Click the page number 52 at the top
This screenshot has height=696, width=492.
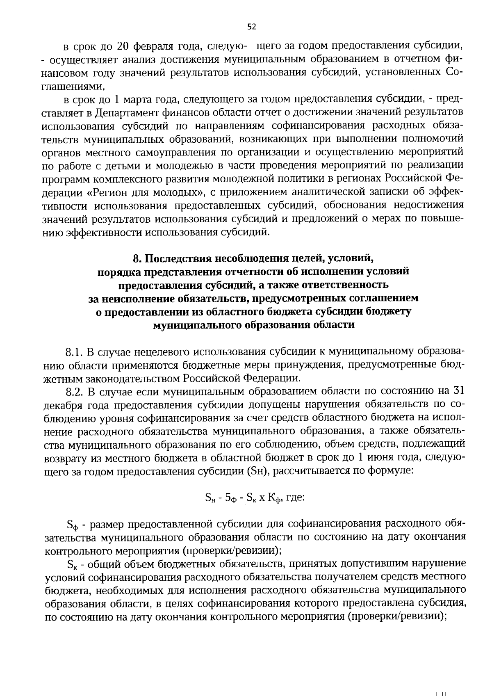[x=251, y=27]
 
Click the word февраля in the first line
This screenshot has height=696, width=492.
[x=154, y=46]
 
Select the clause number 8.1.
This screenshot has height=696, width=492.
[x=74, y=352]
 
